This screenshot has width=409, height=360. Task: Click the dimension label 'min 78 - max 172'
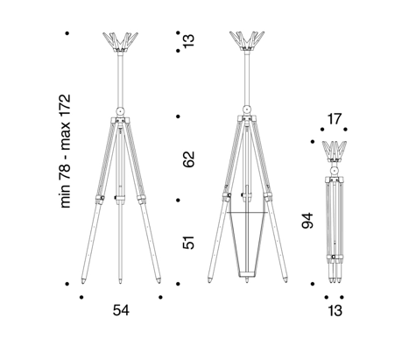65,151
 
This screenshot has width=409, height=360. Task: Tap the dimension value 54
121,310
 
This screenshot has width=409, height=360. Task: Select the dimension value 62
188,159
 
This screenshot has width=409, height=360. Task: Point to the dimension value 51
188,243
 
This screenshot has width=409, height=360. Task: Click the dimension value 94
307,221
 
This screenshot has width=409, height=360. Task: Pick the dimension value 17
334,119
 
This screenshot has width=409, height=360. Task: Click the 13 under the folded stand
335,311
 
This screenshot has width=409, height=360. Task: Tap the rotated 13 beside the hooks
188,40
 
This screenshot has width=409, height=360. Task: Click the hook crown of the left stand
120,42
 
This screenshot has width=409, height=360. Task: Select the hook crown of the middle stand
247,41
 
